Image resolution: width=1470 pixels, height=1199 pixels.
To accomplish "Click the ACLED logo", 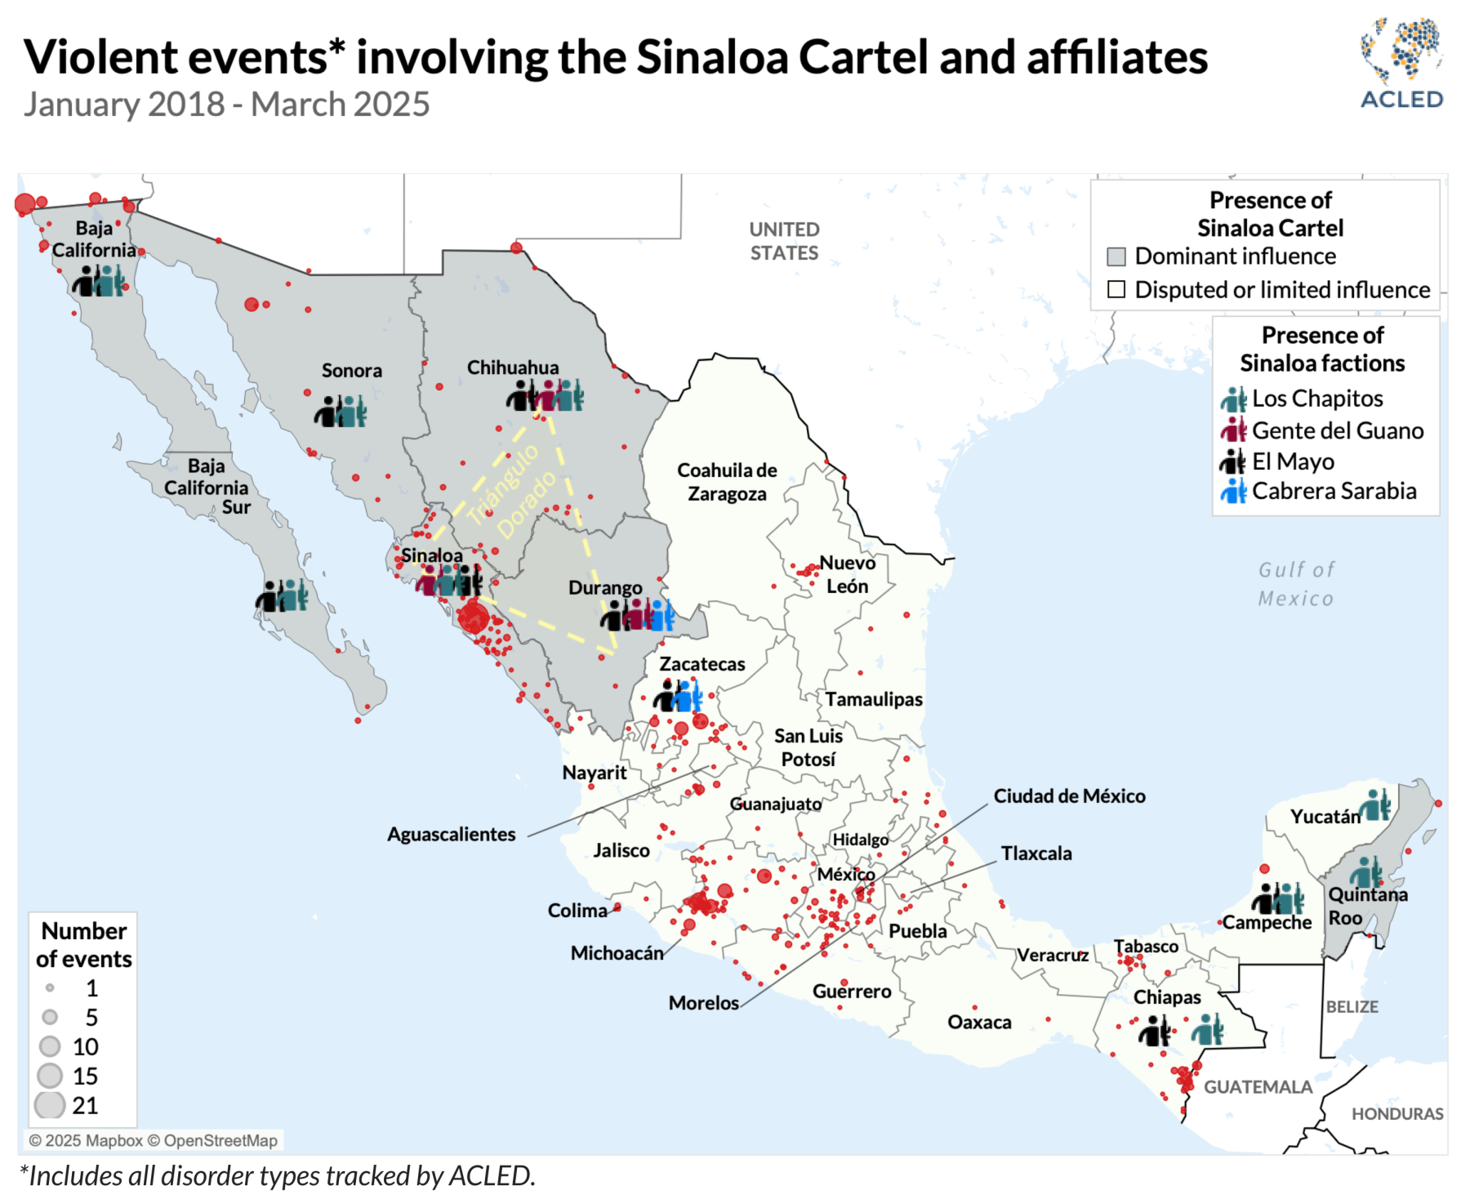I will point(1401,63).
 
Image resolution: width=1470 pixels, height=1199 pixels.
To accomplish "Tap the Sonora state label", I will point(351,371).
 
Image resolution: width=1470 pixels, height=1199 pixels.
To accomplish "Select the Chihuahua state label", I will point(512,368).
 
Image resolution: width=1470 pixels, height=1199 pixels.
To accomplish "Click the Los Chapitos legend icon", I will point(1233,399).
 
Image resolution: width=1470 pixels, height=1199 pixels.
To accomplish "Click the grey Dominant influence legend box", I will point(1116,256).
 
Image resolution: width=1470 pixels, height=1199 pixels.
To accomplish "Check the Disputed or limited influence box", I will point(1116,290).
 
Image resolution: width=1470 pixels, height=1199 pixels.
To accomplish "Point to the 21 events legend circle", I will point(50,1105).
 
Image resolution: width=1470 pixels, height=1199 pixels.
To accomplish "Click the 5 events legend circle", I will point(50,1017).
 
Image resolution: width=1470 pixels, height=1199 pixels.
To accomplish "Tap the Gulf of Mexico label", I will point(1296,584).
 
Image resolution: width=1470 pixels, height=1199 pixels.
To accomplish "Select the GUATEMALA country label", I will point(1258,1087).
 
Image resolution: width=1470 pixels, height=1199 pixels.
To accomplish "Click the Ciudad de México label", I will point(1069,796).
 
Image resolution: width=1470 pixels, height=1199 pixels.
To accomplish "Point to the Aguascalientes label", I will point(451,834).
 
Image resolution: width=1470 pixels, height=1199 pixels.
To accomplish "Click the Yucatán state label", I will point(1325,817).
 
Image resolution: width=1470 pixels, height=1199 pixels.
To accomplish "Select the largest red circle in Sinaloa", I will point(473,618).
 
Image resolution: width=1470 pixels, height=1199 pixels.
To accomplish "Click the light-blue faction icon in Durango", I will point(662,615).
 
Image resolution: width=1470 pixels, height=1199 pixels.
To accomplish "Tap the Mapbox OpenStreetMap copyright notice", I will point(153,1140).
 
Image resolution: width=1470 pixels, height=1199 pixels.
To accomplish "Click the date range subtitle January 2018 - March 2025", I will point(226,105).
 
